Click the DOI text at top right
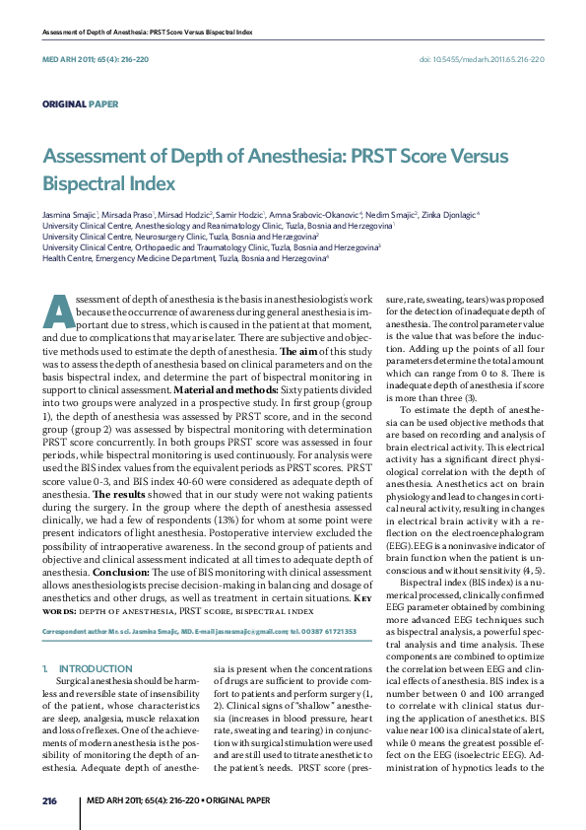(482, 59)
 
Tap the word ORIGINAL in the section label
(63, 103)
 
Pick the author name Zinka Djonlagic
(450, 214)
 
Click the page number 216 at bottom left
(50, 799)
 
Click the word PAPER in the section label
(103, 103)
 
